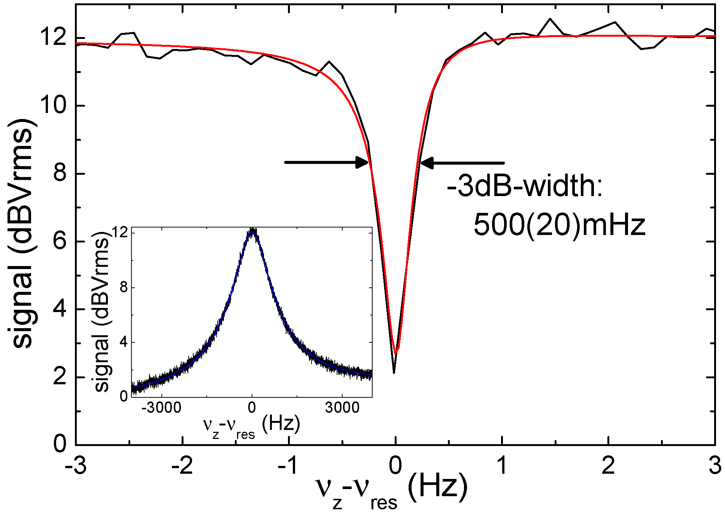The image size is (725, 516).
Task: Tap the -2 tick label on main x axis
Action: coord(182,466)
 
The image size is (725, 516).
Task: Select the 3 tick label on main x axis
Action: coord(715,466)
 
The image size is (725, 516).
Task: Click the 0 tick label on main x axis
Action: coord(395,466)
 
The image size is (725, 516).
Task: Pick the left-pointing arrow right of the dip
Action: coord(462,163)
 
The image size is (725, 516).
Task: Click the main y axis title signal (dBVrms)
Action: coord(23,234)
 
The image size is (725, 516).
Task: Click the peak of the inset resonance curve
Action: coord(253,231)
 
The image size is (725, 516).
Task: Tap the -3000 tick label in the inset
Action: coord(161,407)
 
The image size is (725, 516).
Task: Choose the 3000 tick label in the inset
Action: coord(342,407)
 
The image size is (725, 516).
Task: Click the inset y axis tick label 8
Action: coord(124,287)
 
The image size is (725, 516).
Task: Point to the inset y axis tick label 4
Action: coord(124,342)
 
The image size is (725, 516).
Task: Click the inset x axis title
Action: coord(251,426)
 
